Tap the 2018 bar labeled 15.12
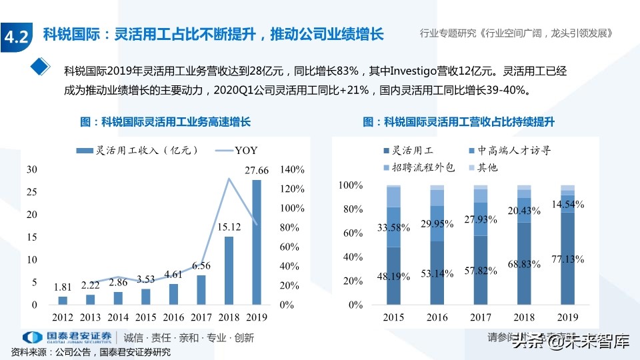pos(229,270)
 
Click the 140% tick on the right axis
pos(292,169)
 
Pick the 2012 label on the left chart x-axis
pos(63,317)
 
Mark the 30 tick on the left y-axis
pos(32,169)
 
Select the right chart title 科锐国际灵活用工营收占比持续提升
pos(459,122)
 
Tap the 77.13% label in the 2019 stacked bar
pos(567,259)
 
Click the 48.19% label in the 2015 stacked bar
pos(394,275)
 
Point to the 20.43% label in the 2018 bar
pos(524,211)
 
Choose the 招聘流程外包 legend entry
pos(419,168)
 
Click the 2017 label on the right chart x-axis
pos(480,317)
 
